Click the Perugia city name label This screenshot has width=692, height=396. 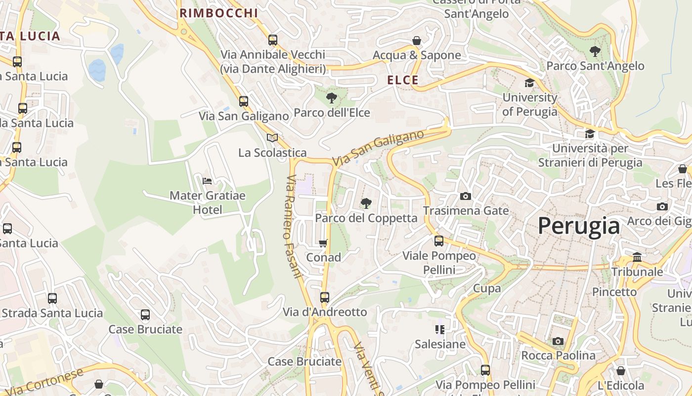click(x=578, y=226)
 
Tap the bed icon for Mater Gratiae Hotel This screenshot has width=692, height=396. click(x=207, y=181)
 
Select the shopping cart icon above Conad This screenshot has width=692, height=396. click(x=323, y=243)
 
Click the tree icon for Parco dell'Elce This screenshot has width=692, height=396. click(x=332, y=98)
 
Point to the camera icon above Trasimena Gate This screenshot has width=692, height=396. click(x=465, y=197)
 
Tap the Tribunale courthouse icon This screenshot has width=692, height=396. click(x=637, y=257)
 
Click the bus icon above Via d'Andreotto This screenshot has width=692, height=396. click(x=325, y=297)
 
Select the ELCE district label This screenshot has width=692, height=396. click(x=403, y=80)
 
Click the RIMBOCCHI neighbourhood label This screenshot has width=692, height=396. click(x=218, y=13)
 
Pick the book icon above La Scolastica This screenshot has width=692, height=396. click(x=272, y=138)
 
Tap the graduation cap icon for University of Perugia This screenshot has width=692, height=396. click(x=530, y=83)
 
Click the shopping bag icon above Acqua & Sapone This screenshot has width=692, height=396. click(x=417, y=41)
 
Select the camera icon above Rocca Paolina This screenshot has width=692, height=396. click(x=558, y=341)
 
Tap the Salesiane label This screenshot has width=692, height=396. click(x=440, y=344)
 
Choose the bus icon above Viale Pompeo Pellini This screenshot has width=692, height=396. click(x=439, y=241)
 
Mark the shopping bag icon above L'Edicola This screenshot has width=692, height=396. click(x=621, y=371)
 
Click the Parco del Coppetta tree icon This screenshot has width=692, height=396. click(x=366, y=203)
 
